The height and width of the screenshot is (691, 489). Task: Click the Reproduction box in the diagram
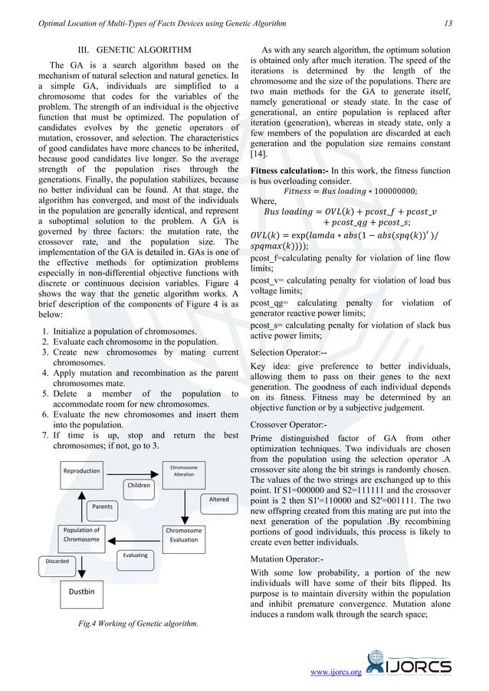pos(82,470)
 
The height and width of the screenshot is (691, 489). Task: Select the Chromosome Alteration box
pos(184,470)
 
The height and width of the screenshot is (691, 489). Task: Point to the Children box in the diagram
pos(139,485)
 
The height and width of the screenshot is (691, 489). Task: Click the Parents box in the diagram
pos(103,506)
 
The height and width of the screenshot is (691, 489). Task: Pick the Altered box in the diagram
pos(218,499)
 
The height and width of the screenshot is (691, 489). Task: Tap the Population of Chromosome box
pos(81,535)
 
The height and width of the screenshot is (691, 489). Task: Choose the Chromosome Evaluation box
pos(184,535)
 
